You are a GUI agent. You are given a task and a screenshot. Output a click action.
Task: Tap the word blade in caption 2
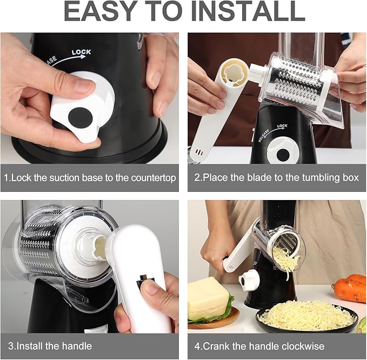pyautogui.click(x=243, y=177)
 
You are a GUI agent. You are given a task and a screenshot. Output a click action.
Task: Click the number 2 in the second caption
pyautogui.click(x=197, y=177)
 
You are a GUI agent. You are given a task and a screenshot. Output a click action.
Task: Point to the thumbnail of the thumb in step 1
pyautogui.click(x=84, y=85)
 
